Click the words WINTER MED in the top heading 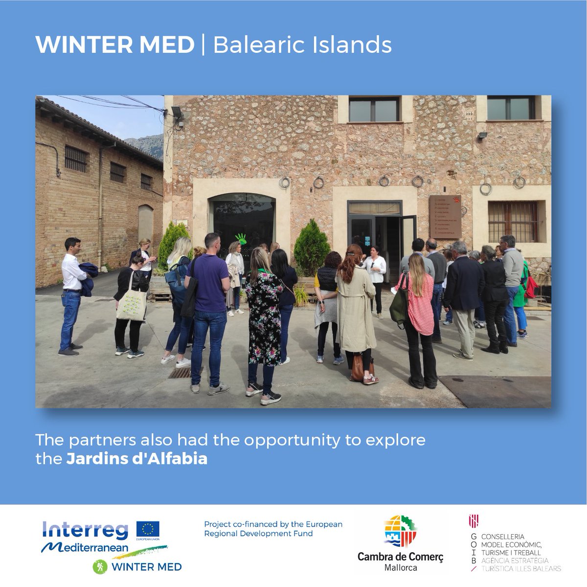114,45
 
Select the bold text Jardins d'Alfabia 136,460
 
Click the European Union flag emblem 148,529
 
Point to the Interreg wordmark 85,530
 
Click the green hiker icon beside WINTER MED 100,566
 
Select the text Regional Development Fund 258,534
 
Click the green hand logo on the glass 242,240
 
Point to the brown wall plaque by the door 445,217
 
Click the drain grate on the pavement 180,373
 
